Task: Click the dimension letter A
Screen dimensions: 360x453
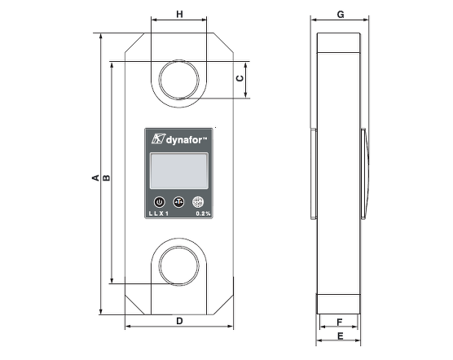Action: (95, 176)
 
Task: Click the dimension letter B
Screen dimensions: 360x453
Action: (106, 176)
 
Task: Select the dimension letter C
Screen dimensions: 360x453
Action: (239, 79)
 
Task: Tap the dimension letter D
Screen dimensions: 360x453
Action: (178, 321)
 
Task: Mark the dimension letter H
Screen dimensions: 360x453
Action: (179, 15)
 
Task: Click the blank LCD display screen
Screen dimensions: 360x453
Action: (178, 171)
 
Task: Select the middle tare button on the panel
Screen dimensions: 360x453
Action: (178, 201)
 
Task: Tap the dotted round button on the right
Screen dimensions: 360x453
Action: (197, 201)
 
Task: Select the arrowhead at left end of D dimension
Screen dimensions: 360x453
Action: (127, 328)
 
